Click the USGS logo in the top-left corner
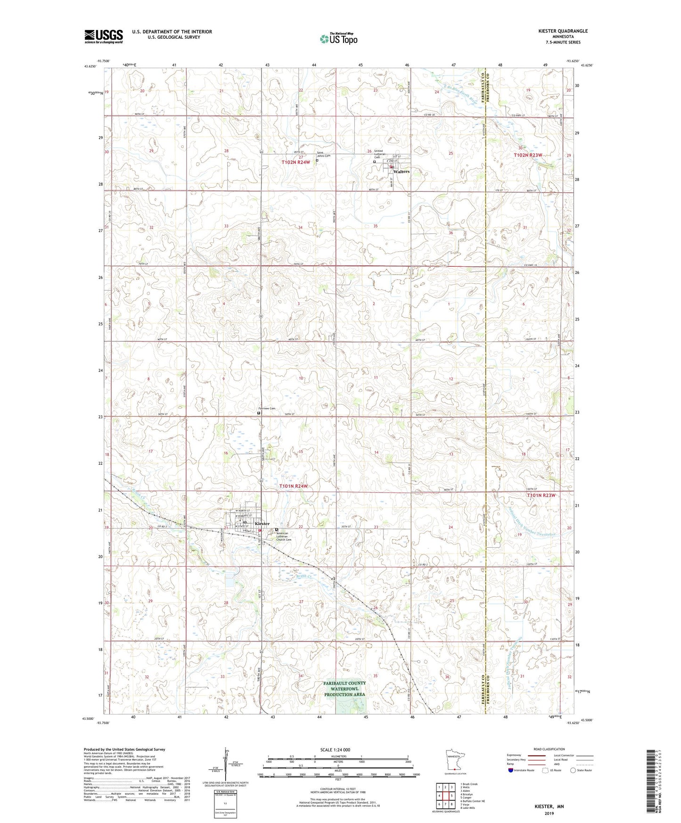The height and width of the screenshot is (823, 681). coord(104,36)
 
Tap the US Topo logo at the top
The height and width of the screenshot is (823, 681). coord(338,39)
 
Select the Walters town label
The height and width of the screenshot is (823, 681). coord(402,172)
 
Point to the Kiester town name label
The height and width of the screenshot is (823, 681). coord(262,524)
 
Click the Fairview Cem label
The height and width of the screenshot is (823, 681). coord(266,408)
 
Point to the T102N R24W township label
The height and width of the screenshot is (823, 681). coord(295,162)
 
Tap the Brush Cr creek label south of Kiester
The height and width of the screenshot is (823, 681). coord(304,576)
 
